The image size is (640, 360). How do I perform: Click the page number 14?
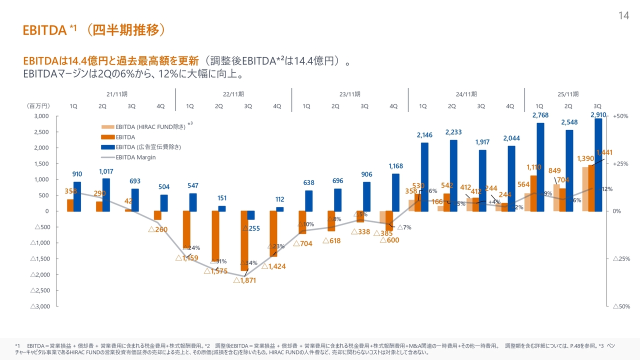pyautogui.click(x=623, y=15)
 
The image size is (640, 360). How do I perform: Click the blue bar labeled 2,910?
pyautogui.click(x=598, y=165)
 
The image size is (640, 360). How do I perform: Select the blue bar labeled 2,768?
pyautogui.click(x=540, y=167)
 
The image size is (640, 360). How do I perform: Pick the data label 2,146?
pyautogui.click(x=424, y=135)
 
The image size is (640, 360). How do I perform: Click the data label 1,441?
pyautogui.click(x=604, y=152)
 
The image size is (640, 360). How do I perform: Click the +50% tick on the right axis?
pyautogui.click(x=620, y=116)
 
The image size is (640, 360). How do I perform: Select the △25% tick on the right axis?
pyautogui.click(x=620, y=258)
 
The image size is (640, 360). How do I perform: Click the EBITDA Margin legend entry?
pyautogui.click(x=135, y=157)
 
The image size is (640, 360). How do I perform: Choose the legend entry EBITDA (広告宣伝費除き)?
pyautogui.click(x=148, y=147)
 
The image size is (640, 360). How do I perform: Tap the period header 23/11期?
pyautogui.click(x=349, y=94)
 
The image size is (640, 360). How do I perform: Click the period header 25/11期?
pyautogui.click(x=568, y=94)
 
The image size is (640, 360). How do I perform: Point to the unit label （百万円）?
pyautogui.click(x=38, y=106)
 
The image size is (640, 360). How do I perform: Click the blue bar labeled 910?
pyautogui.click(x=77, y=196)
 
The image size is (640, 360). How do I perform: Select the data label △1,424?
pyautogui.click(x=274, y=266)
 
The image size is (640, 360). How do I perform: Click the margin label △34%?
pyautogui.click(x=248, y=263)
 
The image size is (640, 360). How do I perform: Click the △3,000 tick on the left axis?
pyautogui.click(x=39, y=306)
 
